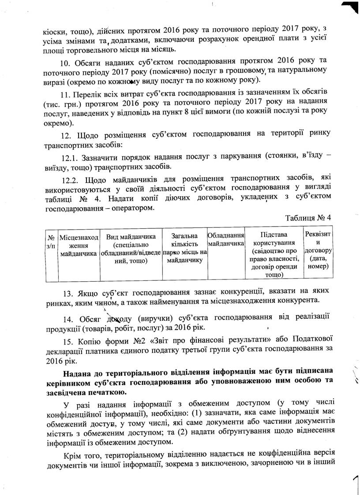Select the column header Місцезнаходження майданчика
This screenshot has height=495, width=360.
[x=79, y=246]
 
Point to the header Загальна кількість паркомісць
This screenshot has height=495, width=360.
[x=185, y=246]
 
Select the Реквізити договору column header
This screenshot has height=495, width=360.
[x=319, y=249]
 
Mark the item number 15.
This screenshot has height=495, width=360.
[x=67, y=339]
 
